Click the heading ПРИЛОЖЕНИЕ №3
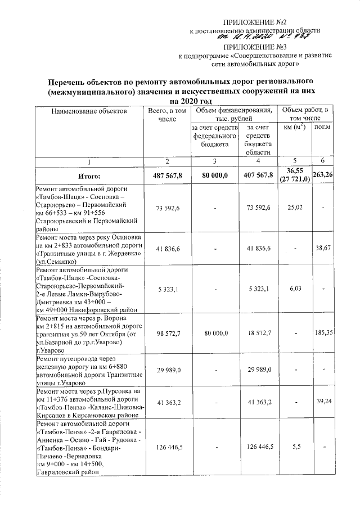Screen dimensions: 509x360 (255, 47)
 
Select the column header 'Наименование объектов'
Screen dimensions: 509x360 (89, 112)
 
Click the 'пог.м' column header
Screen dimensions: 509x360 (322, 128)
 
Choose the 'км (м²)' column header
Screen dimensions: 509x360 (295, 128)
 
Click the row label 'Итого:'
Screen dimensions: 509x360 (89, 175)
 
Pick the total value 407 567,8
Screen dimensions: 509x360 (259, 175)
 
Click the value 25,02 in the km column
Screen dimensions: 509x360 (295, 208)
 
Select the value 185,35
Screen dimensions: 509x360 (323, 333)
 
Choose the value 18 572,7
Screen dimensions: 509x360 (259, 333)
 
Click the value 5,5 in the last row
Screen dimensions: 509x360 (295, 447)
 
